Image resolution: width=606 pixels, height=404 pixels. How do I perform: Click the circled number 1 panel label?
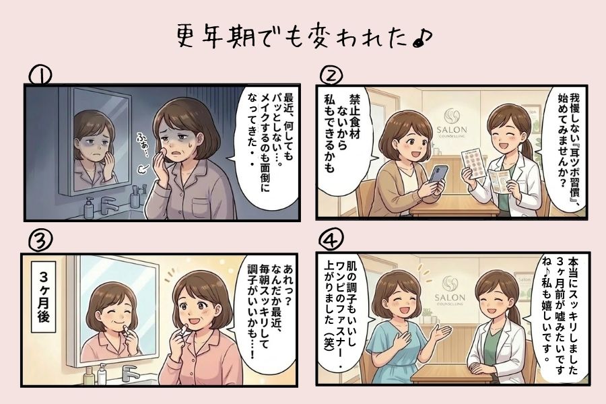[40, 75]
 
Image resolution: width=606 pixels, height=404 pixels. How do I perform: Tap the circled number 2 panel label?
[331, 75]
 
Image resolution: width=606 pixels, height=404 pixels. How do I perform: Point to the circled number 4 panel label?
[331, 239]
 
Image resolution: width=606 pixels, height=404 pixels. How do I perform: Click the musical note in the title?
[422, 38]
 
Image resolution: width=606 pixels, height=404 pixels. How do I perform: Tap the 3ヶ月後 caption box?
[43, 297]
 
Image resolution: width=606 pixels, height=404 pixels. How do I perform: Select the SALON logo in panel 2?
[451, 123]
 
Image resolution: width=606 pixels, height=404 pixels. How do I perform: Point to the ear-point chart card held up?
[474, 164]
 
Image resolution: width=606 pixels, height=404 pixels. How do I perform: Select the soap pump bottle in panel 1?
[90, 208]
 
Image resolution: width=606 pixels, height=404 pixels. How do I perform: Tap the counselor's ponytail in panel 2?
[526, 147]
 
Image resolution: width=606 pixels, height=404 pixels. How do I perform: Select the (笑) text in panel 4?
[329, 341]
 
